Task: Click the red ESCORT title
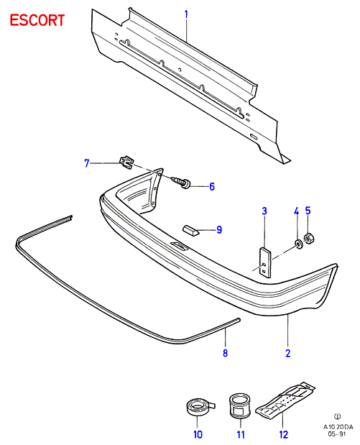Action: [x=37, y=20]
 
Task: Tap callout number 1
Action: [x=186, y=14]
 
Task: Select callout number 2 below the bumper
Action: [x=288, y=353]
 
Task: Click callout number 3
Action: [x=264, y=211]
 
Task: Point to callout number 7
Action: [x=87, y=163]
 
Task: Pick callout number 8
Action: [x=225, y=353]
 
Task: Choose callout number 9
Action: [x=219, y=229]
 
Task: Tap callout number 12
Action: [x=284, y=434]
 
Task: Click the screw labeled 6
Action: [x=181, y=182]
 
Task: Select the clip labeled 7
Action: [x=126, y=162]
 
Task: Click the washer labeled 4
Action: [x=298, y=244]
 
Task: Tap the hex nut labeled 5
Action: [x=309, y=238]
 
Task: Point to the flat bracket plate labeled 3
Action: [x=265, y=262]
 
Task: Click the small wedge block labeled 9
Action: [x=190, y=229]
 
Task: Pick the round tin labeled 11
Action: [x=240, y=406]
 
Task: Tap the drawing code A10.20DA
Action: [x=338, y=427]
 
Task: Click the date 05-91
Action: [x=337, y=434]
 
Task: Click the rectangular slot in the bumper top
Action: [x=179, y=246]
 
